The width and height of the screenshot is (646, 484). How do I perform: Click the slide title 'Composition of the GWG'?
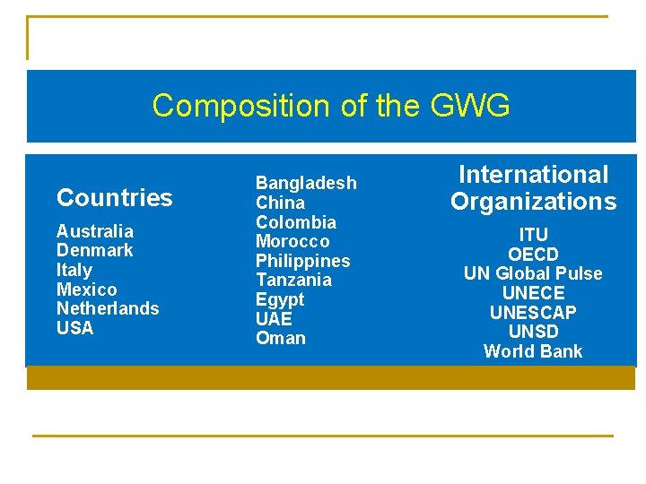[x=331, y=106]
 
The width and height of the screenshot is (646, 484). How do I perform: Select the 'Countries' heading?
[x=114, y=197]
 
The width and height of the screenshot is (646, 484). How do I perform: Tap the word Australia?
[x=94, y=231]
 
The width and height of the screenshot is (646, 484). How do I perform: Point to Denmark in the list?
[x=94, y=250]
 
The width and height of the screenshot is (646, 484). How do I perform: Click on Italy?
[x=74, y=270]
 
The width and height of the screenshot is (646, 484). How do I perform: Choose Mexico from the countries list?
[x=86, y=290]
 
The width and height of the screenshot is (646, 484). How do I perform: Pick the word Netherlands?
[x=108, y=308]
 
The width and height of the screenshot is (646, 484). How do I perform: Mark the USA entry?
[x=74, y=328]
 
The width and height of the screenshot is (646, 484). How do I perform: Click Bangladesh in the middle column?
[x=306, y=183]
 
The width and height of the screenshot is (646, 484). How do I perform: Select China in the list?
[x=280, y=203]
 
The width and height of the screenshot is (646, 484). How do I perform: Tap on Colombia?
[x=296, y=222]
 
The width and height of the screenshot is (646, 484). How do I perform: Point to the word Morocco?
[x=292, y=241]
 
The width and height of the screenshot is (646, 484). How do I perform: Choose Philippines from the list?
[x=302, y=261]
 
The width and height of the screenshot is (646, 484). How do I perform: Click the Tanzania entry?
[x=293, y=280]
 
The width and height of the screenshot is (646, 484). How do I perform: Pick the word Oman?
[x=280, y=338]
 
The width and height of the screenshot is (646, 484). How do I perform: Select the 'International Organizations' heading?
[x=533, y=187]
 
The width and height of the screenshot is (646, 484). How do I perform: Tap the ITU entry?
[x=533, y=236]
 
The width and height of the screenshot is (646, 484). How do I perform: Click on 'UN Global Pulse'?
[x=533, y=273]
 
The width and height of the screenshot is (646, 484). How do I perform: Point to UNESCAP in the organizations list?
[x=533, y=313]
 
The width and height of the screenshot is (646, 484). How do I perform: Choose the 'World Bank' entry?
[x=533, y=351]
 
